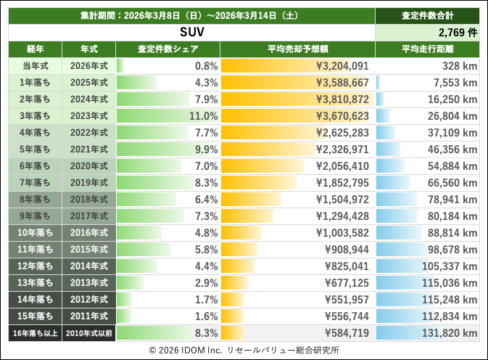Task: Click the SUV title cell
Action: coord(191,33)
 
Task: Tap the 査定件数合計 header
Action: coord(427,15)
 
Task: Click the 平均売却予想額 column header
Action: coord(297,49)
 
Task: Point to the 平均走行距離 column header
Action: coord(427,49)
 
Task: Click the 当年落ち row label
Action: coord(35,66)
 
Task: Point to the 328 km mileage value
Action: coord(460,66)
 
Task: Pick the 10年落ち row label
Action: coord(35,233)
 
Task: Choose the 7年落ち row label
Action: coord(35,183)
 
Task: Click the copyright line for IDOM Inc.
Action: coord(244,350)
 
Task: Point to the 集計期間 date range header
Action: coord(191,15)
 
